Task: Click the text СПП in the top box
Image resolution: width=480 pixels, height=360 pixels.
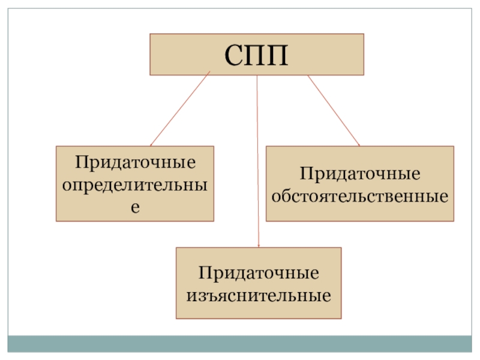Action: (x=256, y=55)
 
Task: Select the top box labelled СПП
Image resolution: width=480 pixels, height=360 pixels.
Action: (x=336, y=55)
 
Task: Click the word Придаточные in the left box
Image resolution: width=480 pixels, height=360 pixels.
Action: (x=135, y=163)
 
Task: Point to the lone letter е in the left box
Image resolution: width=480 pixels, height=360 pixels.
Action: (x=135, y=206)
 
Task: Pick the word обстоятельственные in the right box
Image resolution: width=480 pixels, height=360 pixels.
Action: (x=360, y=196)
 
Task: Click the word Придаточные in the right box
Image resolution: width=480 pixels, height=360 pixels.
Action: (x=360, y=175)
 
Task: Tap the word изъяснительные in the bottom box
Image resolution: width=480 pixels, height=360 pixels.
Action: (x=259, y=295)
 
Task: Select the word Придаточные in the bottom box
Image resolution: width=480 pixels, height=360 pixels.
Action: (x=259, y=274)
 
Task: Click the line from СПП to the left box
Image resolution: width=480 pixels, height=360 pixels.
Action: (x=180, y=109)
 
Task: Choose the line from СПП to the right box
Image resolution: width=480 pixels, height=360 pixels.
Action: (x=333, y=110)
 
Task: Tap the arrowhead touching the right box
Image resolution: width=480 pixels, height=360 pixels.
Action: (x=358, y=145)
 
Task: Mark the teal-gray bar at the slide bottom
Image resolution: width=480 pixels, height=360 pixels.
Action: (x=240, y=343)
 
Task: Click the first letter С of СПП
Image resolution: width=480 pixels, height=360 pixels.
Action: (x=234, y=55)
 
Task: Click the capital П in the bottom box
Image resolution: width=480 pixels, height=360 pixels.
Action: (x=204, y=274)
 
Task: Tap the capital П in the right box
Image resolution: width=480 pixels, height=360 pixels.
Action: (x=305, y=175)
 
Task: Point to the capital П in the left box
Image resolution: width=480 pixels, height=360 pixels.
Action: (x=80, y=163)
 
